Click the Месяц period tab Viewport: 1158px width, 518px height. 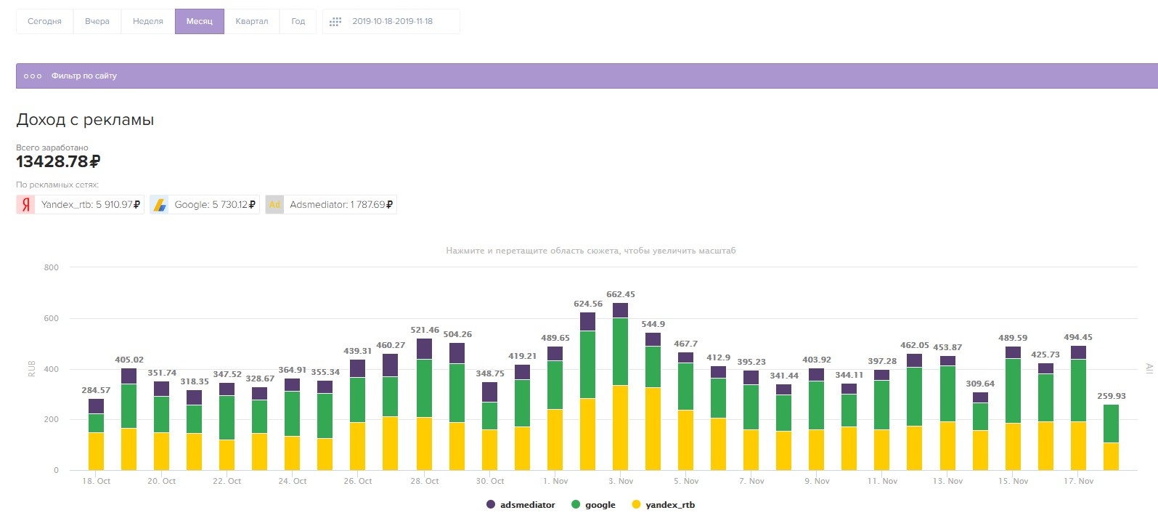coord(199,21)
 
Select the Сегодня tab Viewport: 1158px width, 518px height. coord(44,21)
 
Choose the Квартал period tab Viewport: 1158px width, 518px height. coord(251,21)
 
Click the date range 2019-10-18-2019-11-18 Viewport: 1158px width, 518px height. coord(392,21)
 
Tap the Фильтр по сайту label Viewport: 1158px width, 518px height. coord(83,76)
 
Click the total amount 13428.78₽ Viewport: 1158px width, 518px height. coord(58,161)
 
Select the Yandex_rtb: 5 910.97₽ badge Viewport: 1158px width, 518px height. coord(80,204)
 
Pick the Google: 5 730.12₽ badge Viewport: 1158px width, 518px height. coord(205,204)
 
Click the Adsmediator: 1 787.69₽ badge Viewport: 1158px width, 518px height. coord(331,204)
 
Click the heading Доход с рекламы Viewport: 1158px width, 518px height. coord(85,120)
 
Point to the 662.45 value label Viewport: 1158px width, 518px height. coord(621,294)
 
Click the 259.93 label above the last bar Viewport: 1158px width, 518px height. coord(1111,396)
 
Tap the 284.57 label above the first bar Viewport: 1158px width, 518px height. coord(96,390)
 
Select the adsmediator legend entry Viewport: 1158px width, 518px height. coord(521,505)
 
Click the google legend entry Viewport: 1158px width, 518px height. coord(594,505)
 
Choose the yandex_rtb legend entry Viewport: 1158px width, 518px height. coord(664,505)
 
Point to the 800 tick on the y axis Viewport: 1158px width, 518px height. coord(51,267)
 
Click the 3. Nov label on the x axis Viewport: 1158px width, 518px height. coord(621,481)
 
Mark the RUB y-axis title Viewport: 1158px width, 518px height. coord(32,368)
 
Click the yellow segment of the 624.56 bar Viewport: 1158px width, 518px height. coord(587,434)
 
